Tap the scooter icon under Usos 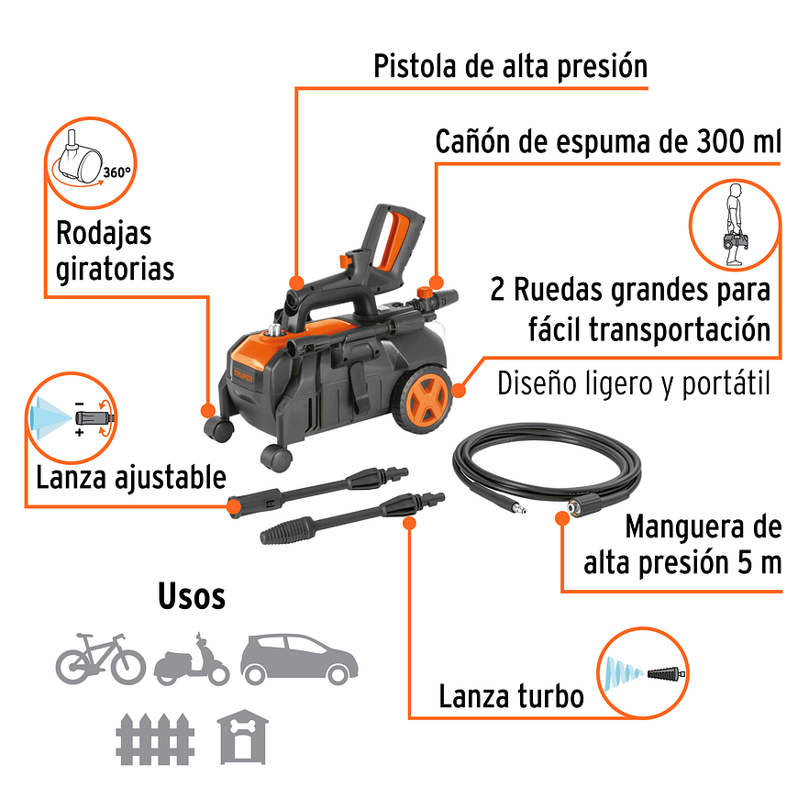click(x=192, y=659)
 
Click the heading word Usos click(x=192, y=596)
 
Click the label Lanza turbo click(x=511, y=696)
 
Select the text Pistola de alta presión click(x=510, y=66)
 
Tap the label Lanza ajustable click(x=131, y=478)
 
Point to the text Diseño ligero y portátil click(x=633, y=383)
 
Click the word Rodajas click(x=104, y=232)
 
